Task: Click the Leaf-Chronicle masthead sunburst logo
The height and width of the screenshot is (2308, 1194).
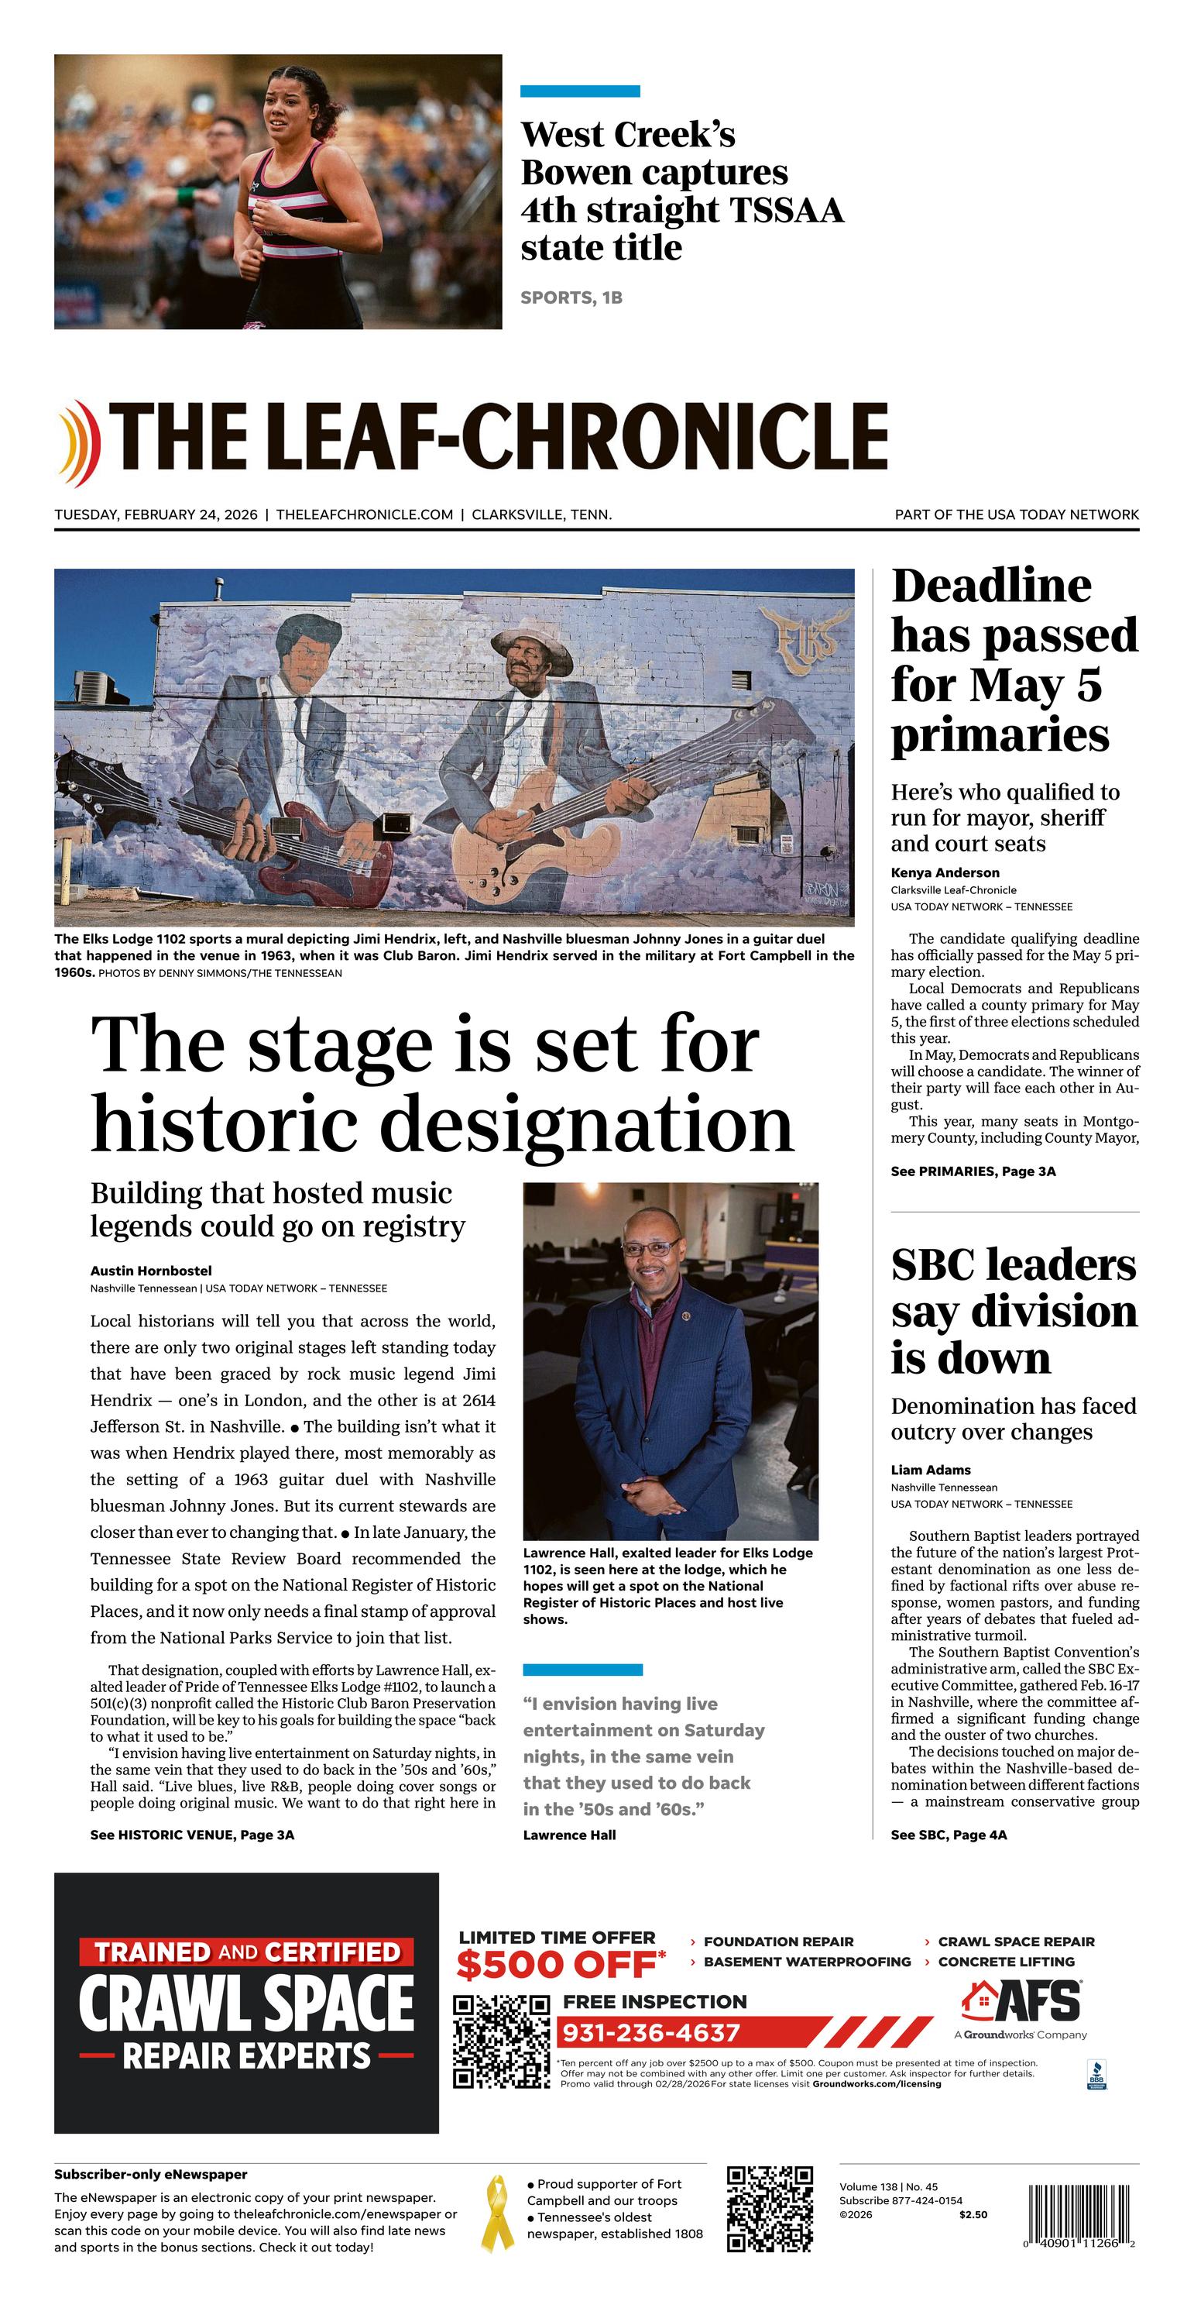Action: pos(76,442)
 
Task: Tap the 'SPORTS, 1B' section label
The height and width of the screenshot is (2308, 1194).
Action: pos(571,298)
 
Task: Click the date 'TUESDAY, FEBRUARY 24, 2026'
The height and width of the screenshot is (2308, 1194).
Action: pos(156,514)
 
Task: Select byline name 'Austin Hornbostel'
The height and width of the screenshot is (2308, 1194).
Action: pos(150,1271)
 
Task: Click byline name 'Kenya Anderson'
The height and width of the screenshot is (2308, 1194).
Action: pos(944,872)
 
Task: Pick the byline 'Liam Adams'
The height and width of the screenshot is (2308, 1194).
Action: pos(930,1470)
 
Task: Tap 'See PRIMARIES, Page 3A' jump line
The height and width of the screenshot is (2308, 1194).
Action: pos(973,1171)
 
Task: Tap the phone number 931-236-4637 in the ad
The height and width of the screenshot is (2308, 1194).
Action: pos(651,2032)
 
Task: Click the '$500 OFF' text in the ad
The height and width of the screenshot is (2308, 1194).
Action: pos(559,1966)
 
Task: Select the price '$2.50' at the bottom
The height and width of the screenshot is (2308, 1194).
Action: pos(973,2214)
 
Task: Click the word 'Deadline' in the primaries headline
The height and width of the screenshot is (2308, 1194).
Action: pos(990,586)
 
